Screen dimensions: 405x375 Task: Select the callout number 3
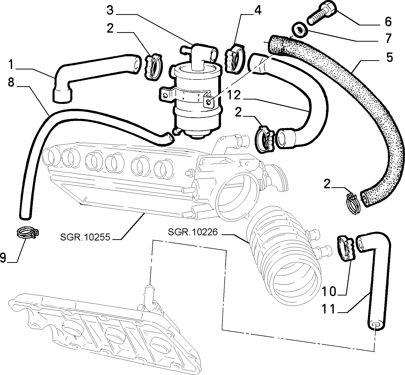pos(110,11)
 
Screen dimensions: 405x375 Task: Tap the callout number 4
pos(258,11)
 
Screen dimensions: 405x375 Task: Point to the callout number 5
pos(389,57)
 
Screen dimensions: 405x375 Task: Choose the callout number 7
pos(388,38)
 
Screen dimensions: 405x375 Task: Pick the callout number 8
pos(11,83)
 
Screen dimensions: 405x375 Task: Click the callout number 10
pos(329,291)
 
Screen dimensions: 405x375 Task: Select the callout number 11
pos(329,309)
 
